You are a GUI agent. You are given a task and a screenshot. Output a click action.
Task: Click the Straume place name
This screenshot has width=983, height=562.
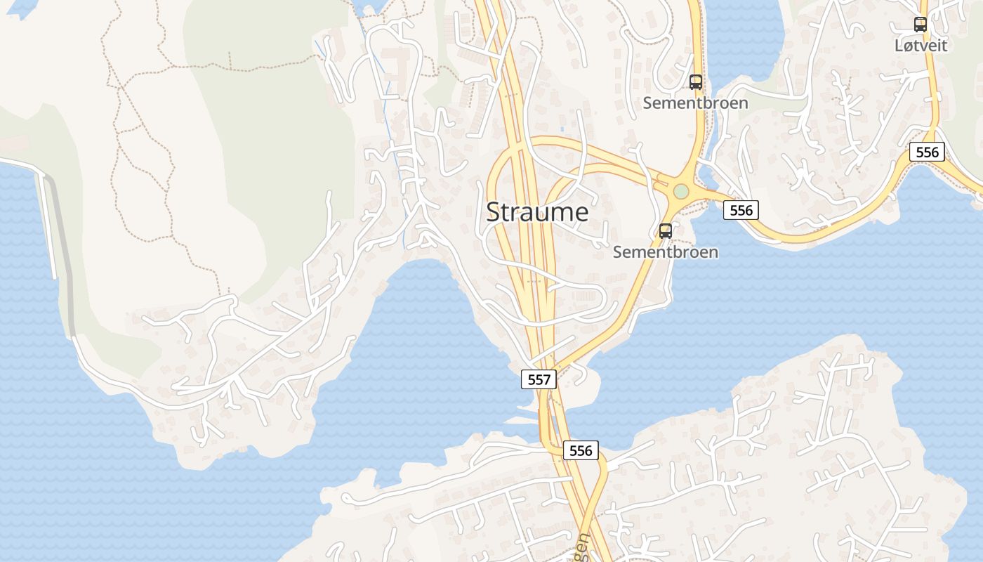537,211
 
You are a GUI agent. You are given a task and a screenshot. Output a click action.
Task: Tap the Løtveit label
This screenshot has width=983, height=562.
921,46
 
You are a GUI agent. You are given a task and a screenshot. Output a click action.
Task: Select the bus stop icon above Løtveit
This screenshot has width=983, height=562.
920,24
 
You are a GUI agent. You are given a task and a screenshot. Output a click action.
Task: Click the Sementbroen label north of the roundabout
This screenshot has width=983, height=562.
695,103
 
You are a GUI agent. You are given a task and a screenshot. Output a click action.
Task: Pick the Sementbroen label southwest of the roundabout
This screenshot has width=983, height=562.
665,251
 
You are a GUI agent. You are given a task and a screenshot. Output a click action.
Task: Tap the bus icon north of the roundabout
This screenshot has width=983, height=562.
695,81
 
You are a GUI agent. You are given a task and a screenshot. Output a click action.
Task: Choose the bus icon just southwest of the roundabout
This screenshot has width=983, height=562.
665,230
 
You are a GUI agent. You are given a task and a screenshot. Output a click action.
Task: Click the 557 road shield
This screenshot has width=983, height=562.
539,379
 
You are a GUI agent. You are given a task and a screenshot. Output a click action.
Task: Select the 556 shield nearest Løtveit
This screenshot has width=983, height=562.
926,151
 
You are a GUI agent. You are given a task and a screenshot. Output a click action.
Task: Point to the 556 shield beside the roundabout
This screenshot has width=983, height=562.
741,209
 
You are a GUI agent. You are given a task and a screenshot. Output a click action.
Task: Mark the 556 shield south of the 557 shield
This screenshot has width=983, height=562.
581,450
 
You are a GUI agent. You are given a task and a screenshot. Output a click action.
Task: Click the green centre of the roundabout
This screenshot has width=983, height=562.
680,191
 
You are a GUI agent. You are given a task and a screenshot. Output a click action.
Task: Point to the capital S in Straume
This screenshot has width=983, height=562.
494,211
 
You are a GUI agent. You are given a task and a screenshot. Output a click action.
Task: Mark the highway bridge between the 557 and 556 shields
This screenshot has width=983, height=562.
548,414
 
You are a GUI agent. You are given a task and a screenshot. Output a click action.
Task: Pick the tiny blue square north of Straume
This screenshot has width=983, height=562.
562,130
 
